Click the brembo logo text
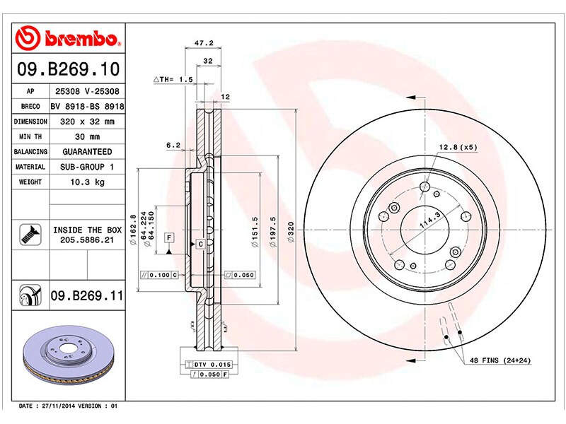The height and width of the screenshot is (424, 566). [x=81, y=38]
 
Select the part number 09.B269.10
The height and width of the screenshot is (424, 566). [x=68, y=69]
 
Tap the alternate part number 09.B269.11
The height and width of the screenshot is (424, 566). [x=87, y=295]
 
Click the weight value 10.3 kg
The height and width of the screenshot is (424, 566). [x=87, y=182]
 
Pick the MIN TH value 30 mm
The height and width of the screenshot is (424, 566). [x=87, y=136]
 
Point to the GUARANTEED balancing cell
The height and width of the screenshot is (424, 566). [x=87, y=152]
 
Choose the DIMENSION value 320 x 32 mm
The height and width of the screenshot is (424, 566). [x=87, y=122]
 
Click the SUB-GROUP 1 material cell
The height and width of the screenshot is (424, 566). [x=87, y=167]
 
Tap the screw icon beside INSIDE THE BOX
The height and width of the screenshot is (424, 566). [x=30, y=235]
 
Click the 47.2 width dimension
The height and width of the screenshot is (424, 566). [x=204, y=43]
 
